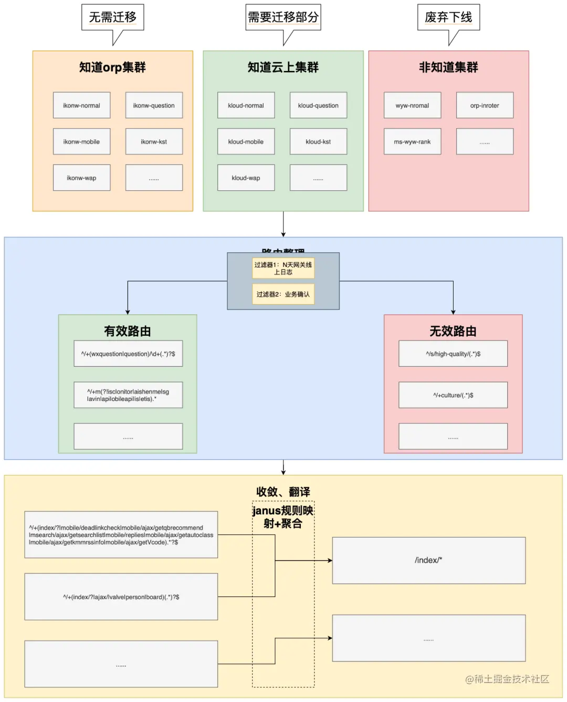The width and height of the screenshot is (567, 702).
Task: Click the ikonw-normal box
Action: pos(81,105)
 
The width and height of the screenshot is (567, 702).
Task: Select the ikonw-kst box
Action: pos(154,141)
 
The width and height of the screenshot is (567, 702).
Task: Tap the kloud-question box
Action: pos(318,105)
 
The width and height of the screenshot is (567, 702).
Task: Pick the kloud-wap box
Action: pos(246,178)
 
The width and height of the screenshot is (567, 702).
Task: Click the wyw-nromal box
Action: pos(412,105)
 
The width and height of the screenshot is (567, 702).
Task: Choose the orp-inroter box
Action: pos(485,105)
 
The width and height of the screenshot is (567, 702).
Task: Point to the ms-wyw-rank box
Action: pos(412,141)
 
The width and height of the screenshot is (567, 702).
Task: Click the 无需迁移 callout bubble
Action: pos(113,17)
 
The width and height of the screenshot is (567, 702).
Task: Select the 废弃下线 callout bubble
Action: pos(448,17)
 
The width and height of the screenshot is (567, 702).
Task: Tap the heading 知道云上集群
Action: pos(283,67)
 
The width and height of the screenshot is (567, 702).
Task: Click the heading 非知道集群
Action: pos(448,67)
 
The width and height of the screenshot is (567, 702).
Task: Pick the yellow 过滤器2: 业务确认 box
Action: pos(283,294)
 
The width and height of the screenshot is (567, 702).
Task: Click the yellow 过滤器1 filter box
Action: pos(283,268)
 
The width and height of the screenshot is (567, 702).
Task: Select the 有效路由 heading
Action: pos(128,331)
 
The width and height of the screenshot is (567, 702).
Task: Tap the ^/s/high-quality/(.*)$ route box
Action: pos(453,354)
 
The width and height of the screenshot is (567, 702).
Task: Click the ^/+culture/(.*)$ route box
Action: pos(453,395)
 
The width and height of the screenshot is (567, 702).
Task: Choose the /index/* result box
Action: pos(428,560)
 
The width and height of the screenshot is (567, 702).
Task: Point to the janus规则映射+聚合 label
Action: pos(283,517)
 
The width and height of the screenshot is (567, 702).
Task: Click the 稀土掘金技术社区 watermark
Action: pos(507,679)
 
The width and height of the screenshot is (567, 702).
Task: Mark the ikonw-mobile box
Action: pos(81,141)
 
